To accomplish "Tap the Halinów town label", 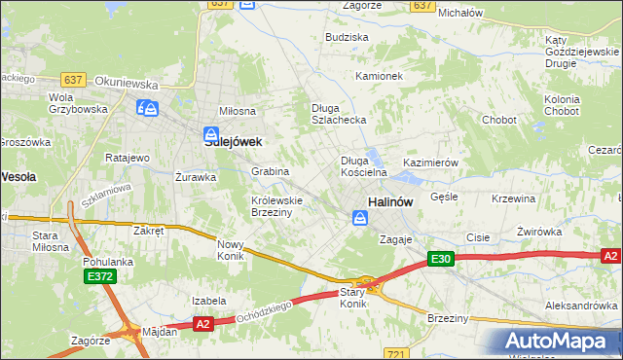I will click(391, 202).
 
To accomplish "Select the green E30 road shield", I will click(441, 259).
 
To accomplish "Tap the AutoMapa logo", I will click(561, 342).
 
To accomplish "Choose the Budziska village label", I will click(348, 37).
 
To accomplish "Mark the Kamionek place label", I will click(379, 75).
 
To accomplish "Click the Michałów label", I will click(461, 13).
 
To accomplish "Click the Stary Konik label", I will click(352, 298).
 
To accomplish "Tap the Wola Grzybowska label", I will click(78, 103).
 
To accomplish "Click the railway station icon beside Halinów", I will click(360, 220).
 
